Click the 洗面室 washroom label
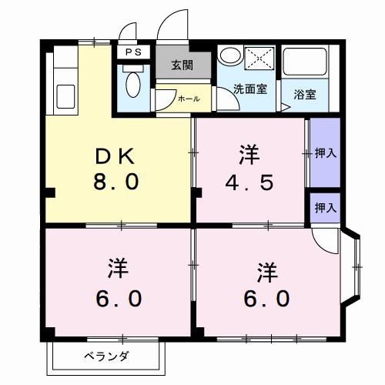click(250, 89)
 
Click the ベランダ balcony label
click(107, 356)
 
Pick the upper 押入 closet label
click(326, 153)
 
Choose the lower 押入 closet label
click(326, 207)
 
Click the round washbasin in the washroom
click(228, 55)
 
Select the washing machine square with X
click(259, 58)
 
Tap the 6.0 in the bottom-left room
click(119, 298)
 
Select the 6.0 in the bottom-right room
click(267, 298)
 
